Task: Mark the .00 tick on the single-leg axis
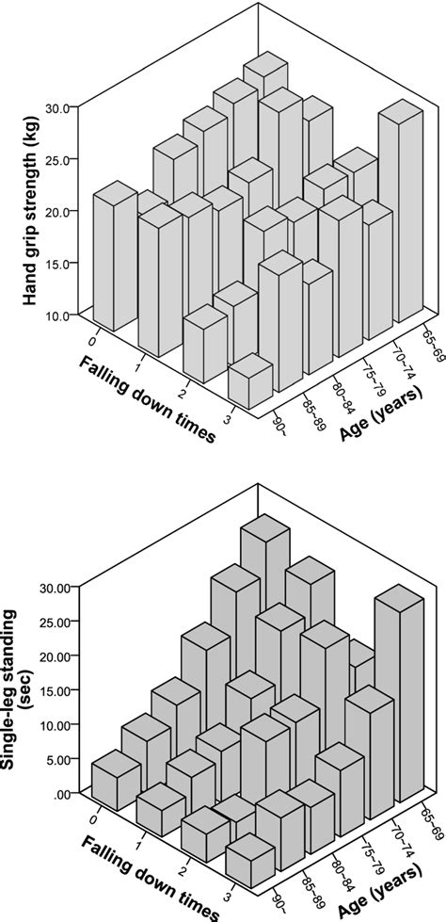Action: click(57, 794)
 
